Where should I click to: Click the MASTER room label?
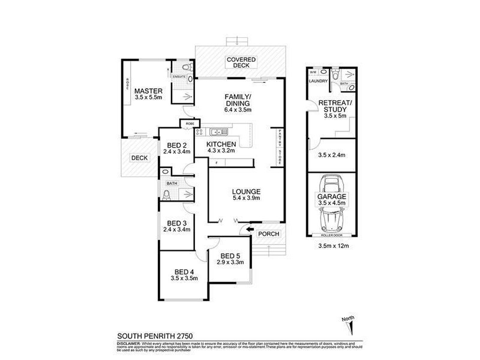(148, 91)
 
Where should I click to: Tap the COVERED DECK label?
(241, 63)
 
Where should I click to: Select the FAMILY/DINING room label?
(238, 100)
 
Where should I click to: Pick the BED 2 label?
(176, 145)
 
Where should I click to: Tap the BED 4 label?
(184, 271)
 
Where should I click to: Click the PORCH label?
(268, 234)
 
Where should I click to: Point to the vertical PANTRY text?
(278, 140)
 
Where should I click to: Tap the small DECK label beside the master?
(139, 158)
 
